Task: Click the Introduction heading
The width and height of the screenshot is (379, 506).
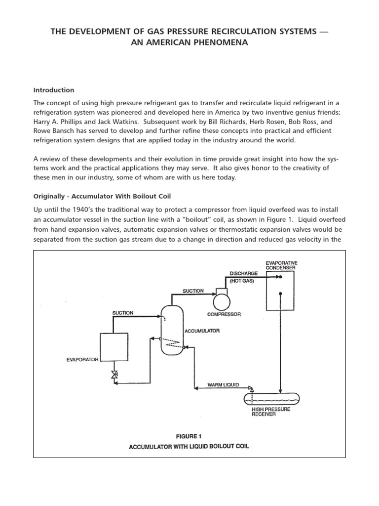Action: pos(53,90)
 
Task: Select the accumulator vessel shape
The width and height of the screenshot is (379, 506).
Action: pos(170,328)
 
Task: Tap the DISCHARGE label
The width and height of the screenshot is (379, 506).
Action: pos(243,273)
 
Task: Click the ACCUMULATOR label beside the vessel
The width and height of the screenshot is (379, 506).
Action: pos(202,331)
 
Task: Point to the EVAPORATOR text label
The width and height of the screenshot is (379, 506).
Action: pos(83,359)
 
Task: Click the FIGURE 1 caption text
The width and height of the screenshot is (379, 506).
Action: pos(189,436)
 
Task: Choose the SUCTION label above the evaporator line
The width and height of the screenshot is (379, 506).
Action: pos(123,313)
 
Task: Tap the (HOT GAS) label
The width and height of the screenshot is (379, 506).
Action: pos(243,281)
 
